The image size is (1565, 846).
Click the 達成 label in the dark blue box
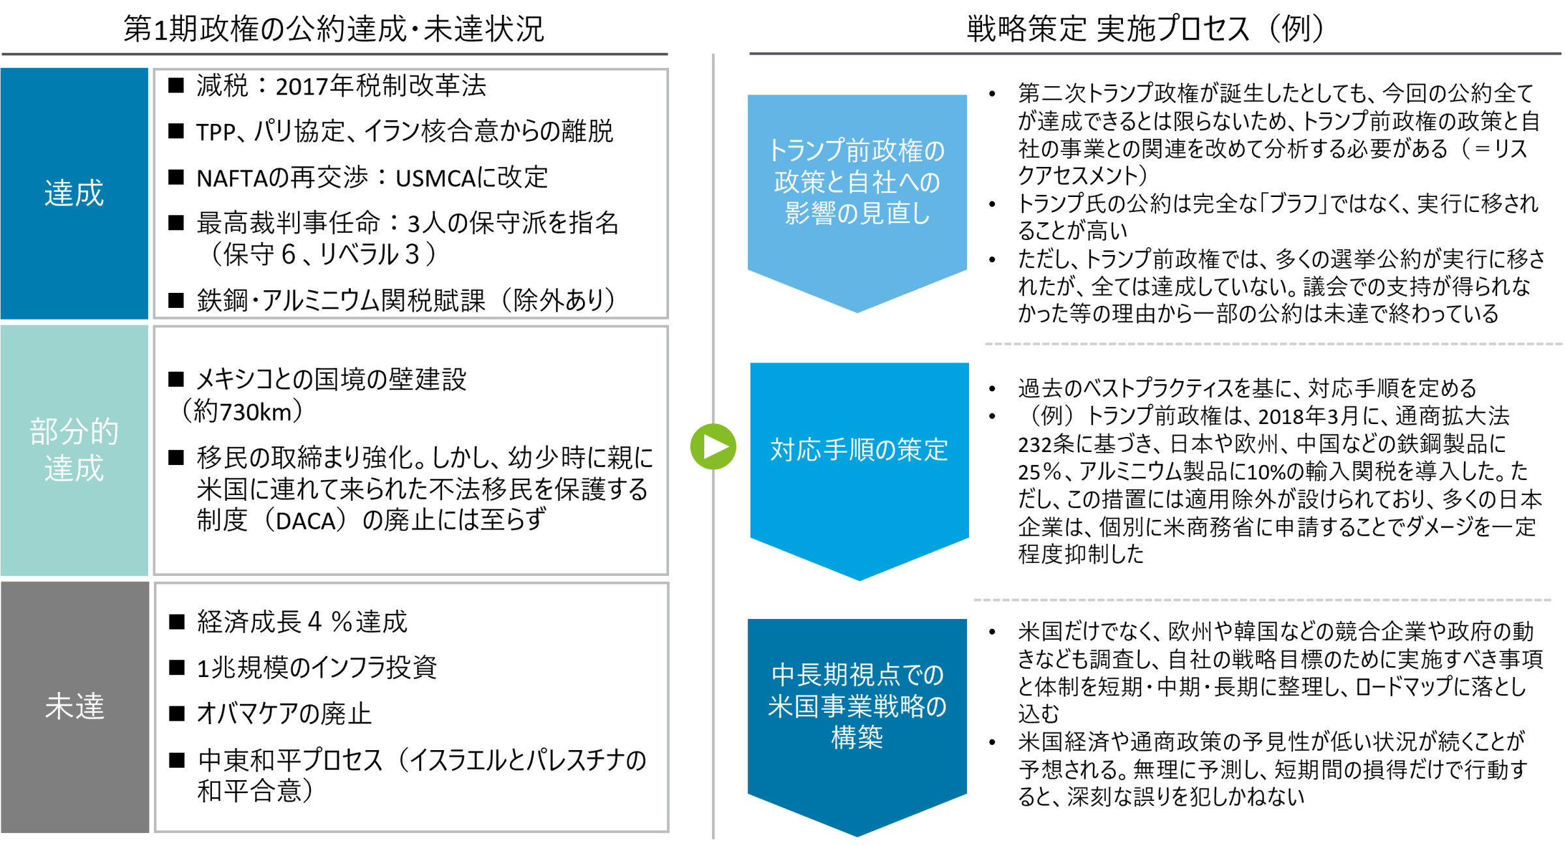(x=74, y=194)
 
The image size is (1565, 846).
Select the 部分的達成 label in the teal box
(x=74, y=450)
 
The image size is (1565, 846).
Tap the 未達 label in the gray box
(x=74, y=706)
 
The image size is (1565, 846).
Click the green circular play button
(x=713, y=447)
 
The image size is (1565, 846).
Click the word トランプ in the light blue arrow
(x=806, y=151)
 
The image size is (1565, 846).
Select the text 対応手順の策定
(x=859, y=449)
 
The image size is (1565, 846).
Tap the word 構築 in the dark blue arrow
(x=857, y=738)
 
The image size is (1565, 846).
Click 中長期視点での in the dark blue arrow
(x=857, y=675)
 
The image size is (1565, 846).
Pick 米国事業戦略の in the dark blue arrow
(x=857, y=706)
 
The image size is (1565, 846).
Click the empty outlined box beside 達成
(x=411, y=194)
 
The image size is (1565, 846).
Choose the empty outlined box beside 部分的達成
(x=411, y=450)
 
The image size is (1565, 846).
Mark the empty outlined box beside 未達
(x=411, y=707)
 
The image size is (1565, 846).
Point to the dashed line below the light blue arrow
(x=1272, y=344)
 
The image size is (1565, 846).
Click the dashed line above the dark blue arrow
(x=1262, y=599)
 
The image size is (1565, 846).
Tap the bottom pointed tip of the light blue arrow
(x=857, y=310)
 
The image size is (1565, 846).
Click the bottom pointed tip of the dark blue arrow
(x=857, y=834)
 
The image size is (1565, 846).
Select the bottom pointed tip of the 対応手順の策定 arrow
(x=859, y=579)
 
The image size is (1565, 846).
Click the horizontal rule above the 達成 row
(x=335, y=54)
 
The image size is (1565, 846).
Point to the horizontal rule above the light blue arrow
(x=1154, y=53)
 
